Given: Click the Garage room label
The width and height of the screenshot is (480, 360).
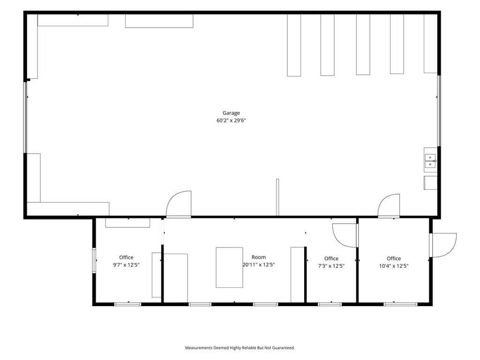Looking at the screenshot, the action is tap(231, 113).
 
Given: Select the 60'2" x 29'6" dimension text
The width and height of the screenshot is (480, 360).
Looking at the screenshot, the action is tap(231, 120).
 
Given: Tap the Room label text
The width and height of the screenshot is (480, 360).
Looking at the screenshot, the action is tap(259, 257).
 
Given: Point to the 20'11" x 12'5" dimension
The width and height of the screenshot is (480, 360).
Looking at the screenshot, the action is tap(259, 264).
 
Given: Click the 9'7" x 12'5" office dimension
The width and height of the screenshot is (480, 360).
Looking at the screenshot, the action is tap(126, 265).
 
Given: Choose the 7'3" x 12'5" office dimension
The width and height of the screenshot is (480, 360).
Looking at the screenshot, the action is tap(331, 266).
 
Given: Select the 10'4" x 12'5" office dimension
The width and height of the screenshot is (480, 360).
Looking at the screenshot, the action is tap(394, 266).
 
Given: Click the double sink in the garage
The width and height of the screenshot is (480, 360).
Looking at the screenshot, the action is tap(430, 161).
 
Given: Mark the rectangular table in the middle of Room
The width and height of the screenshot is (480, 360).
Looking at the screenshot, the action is tap(229, 268).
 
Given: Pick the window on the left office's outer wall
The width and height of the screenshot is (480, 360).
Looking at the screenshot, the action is tap(94, 260).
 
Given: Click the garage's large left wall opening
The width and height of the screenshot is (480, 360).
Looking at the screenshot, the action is tap(25, 117).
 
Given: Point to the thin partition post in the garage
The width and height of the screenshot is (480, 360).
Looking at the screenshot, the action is tap(277, 197).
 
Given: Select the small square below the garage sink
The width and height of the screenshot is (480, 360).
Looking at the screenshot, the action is tap(430, 183).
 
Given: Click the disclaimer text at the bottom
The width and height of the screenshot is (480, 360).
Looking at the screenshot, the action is tap(240, 348).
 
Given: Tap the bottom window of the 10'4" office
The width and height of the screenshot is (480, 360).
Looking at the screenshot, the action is tap(400, 304).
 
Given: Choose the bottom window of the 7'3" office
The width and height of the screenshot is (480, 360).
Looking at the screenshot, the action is tap(330, 304).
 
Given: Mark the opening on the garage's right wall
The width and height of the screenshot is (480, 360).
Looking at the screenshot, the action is tap(439, 111).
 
